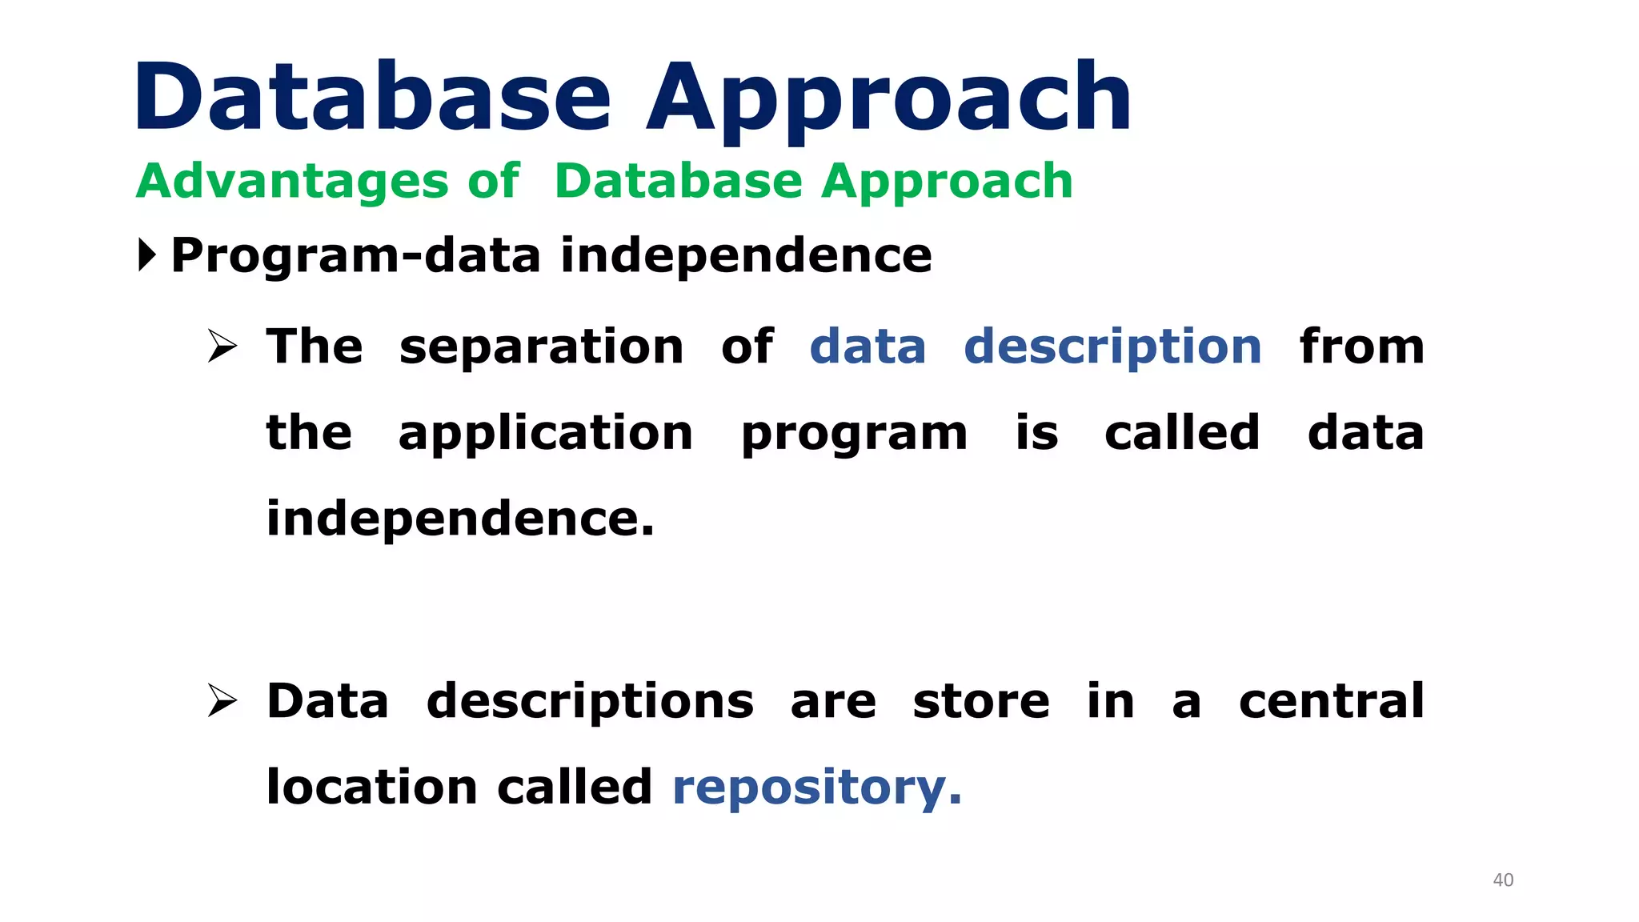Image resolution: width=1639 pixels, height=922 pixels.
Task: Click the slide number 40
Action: (x=1503, y=880)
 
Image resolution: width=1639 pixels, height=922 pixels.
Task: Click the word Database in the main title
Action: (x=372, y=98)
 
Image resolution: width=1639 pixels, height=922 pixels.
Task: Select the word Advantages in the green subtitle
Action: (x=293, y=181)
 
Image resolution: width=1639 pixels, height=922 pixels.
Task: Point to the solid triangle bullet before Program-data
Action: (x=147, y=255)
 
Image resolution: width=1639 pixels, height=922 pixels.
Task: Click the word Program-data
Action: (x=356, y=257)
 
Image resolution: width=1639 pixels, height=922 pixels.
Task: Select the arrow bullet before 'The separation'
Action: (x=222, y=347)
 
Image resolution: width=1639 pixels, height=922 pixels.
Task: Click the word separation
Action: (x=541, y=348)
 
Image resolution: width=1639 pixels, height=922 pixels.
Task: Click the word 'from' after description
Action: (x=1361, y=347)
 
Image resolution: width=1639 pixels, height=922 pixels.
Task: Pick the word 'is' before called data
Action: (x=1036, y=433)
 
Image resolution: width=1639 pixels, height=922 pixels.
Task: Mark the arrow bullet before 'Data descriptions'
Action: (x=222, y=701)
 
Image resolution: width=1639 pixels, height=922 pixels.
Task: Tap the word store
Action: (x=980, y=702)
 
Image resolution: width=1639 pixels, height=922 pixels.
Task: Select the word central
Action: (x=1331, y=701)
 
